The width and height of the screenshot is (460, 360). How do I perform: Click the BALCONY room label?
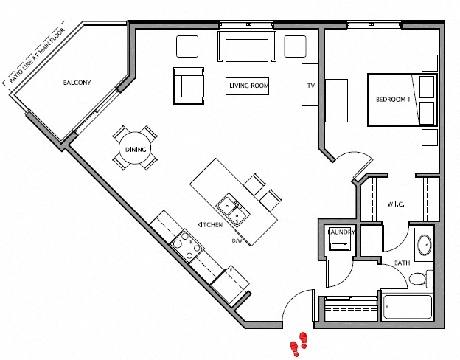tap(77, 83)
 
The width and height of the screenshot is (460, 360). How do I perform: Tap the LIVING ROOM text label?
tap(248, 86)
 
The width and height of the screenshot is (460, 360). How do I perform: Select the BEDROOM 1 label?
tap(391, 99)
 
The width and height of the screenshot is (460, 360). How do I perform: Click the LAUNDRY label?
tap(341, 232)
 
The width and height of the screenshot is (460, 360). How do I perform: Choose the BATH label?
tap(402, 262)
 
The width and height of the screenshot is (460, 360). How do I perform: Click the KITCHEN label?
tap(209, 224)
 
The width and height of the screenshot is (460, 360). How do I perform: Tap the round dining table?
tap(136, 150)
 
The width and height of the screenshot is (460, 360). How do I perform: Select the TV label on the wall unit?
tap(311, 86)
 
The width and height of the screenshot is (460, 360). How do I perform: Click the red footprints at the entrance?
tap(299, 344)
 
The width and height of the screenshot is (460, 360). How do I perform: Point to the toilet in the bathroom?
tap(420, 279)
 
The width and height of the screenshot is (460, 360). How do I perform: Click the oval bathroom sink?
tap(425, 245)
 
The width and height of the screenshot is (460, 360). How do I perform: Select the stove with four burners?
tap(185, 249)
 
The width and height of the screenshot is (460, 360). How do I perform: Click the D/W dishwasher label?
tap(237, 240)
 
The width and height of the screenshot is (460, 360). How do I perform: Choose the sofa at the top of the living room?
tap(246, 48)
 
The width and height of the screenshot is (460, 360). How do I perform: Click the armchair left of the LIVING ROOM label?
tap(188, 86)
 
